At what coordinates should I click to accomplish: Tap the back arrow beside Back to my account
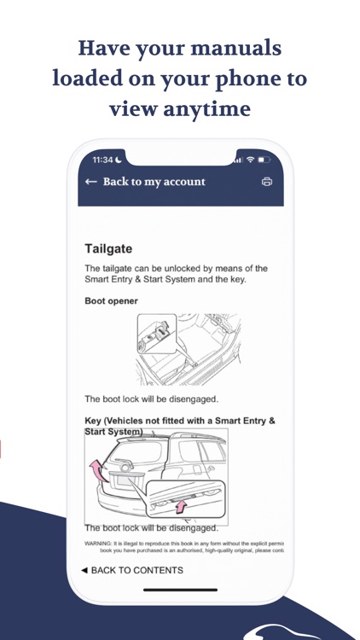(x=90, y=182)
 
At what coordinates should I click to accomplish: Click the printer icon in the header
(x=267, y=182)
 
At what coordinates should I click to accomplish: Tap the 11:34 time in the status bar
(x=102, y=160)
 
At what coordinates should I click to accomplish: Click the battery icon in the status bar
(x=264, y=160)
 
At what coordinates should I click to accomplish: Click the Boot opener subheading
(x=111, y=301)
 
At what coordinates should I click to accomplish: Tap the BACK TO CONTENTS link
(x=131, y=569)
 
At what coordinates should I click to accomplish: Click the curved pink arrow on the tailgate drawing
(x=95, y=471)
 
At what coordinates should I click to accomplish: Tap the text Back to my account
(x=154, y=182)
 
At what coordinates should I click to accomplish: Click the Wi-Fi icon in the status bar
(x=249, y=160)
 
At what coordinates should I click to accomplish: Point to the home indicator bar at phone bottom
(x=180, y=590)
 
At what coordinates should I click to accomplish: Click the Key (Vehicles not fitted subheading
(x=179, y=421)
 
